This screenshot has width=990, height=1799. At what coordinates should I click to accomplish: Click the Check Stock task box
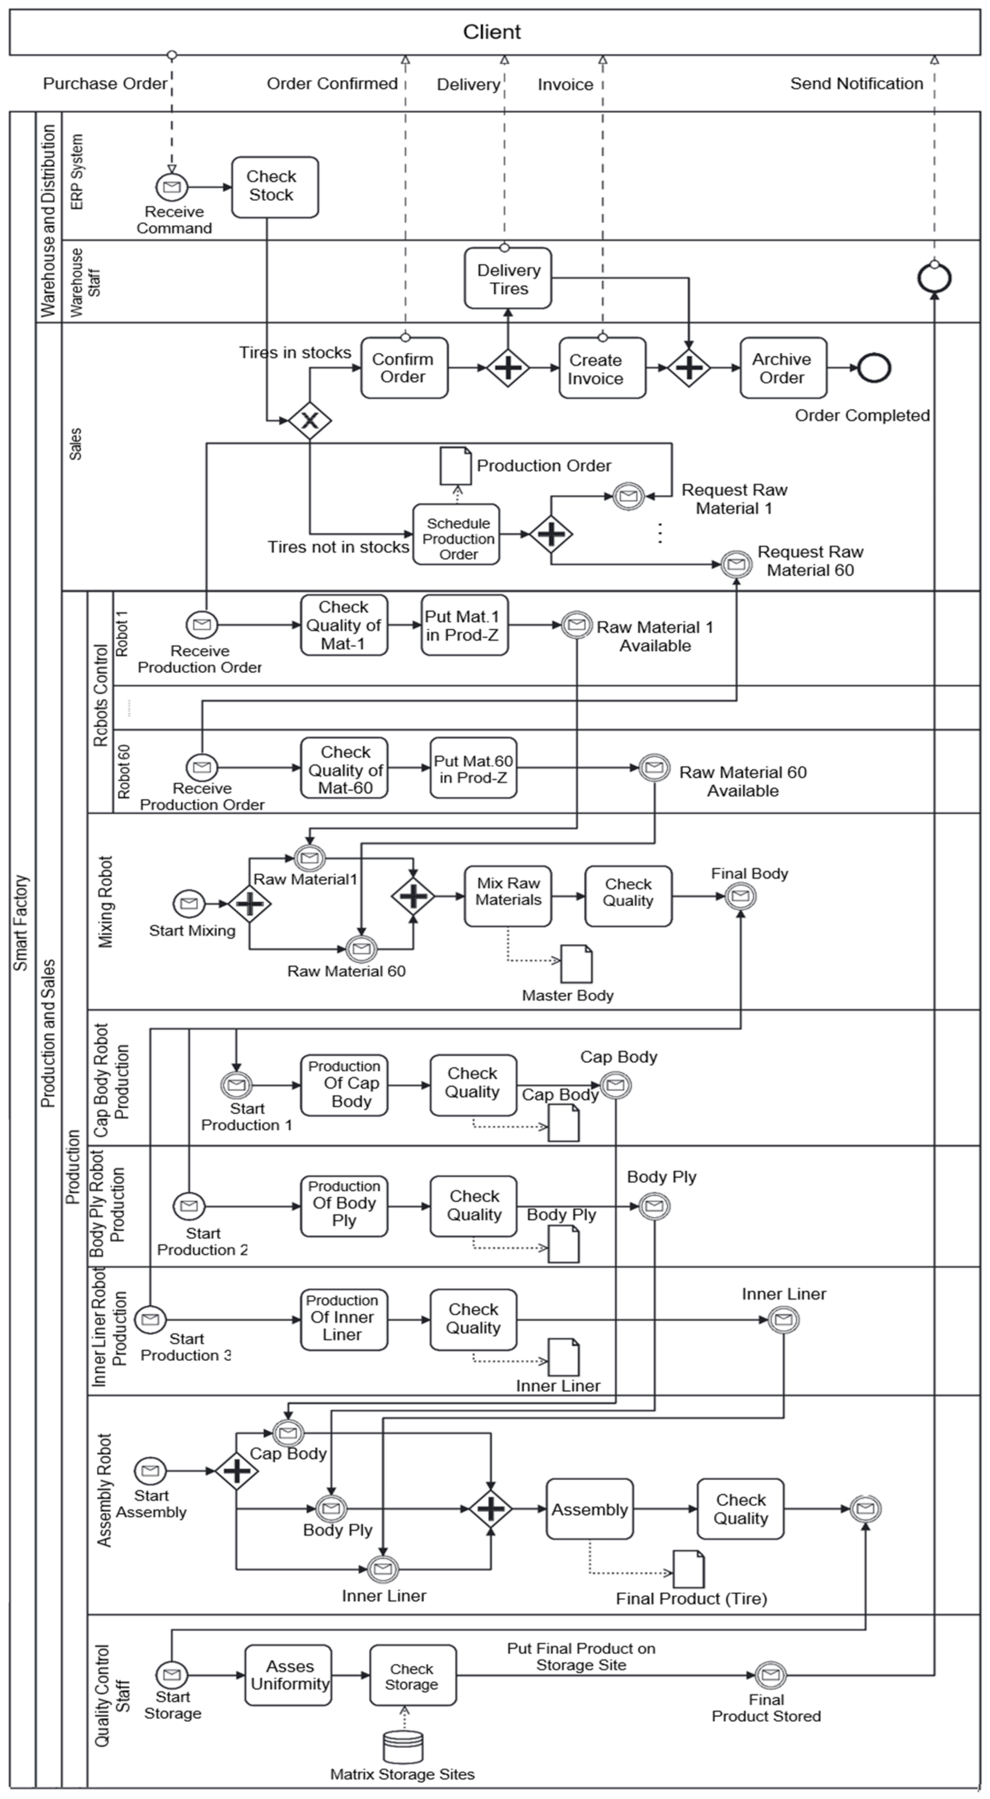pyautogui.click(x=275, y=187)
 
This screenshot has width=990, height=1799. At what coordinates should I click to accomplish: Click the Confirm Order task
pyautogui.click(x=403, y=368)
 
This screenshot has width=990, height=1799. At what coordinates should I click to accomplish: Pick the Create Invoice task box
pyautogui.click(x=602, y=368)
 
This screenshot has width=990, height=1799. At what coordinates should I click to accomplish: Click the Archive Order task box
pyautogui.click(x=783, y=368)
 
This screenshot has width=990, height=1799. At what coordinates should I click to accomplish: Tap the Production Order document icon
pyautogui.click(x=455, y=465)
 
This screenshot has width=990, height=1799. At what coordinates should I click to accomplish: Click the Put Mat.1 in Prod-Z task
pyautogui.click(x=464, y=625)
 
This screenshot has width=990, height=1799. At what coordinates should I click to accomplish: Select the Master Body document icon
pyautogui.click(x=577, y=964)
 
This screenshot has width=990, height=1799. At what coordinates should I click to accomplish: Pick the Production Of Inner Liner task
pyautogui.click(x=343, y=1319)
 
